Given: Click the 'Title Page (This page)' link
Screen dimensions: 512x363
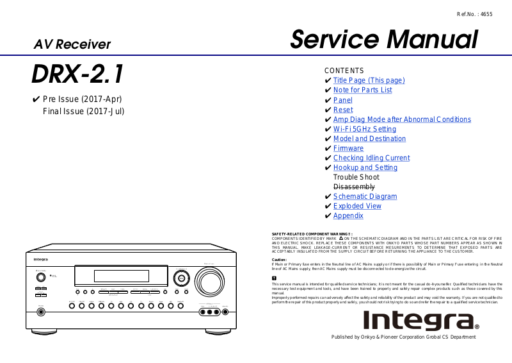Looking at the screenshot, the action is click(x=369, y=80).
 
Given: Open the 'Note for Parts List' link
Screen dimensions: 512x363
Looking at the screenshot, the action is click(x=362, y=90).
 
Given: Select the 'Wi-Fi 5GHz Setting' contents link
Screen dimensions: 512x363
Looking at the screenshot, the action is click(x=365, y=129).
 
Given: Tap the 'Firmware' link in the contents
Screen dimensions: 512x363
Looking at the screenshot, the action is click(x=348, y=148).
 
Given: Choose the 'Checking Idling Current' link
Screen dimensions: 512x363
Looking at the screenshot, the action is click(x=371, y=158).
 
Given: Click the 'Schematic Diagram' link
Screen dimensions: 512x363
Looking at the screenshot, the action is click(x=365, y=196).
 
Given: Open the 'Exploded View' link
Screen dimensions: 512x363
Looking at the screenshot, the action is click(x=357, y=206).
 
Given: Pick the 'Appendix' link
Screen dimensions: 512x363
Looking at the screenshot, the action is click(x=348, y=215).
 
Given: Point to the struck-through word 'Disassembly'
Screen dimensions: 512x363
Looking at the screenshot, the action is click(x=354, y=187).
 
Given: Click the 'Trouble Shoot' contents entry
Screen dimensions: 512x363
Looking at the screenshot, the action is click(x=356, y=177).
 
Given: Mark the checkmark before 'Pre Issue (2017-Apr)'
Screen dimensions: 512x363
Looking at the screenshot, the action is click(x=36, y=99).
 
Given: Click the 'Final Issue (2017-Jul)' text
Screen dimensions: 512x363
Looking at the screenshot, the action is click(x=83, y=111).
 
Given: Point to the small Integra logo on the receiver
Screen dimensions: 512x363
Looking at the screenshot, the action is click(x=40, y=259).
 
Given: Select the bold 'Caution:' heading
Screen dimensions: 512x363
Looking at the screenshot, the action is click(x=279, y=260).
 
